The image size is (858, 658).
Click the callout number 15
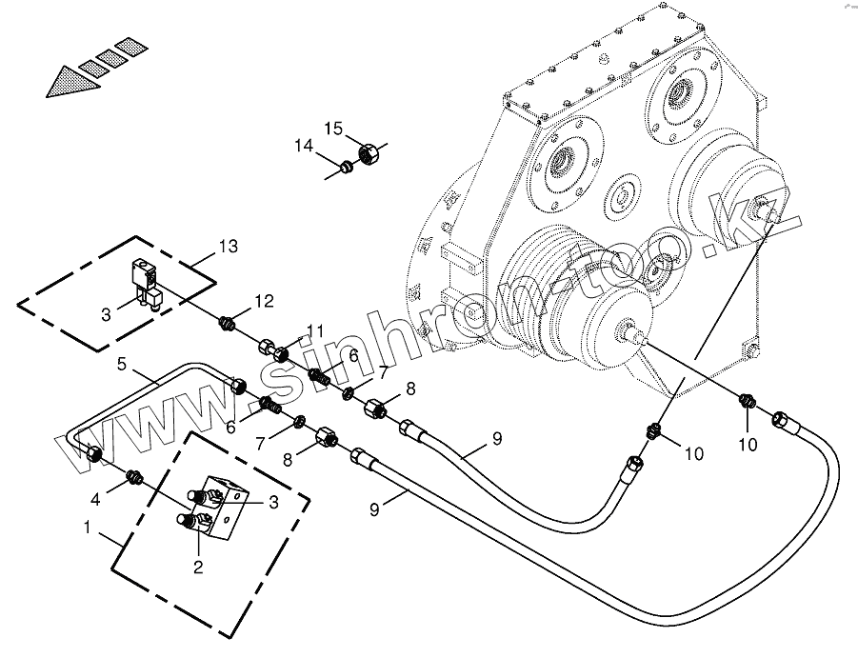332,128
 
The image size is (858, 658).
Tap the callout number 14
304,146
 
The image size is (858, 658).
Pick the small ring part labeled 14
348,168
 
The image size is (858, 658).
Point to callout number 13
227,247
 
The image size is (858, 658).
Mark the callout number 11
315,331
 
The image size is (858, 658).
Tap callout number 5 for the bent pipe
123,364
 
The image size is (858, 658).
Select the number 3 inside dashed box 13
107,313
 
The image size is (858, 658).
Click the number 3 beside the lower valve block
273,503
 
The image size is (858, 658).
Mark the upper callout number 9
496,439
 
